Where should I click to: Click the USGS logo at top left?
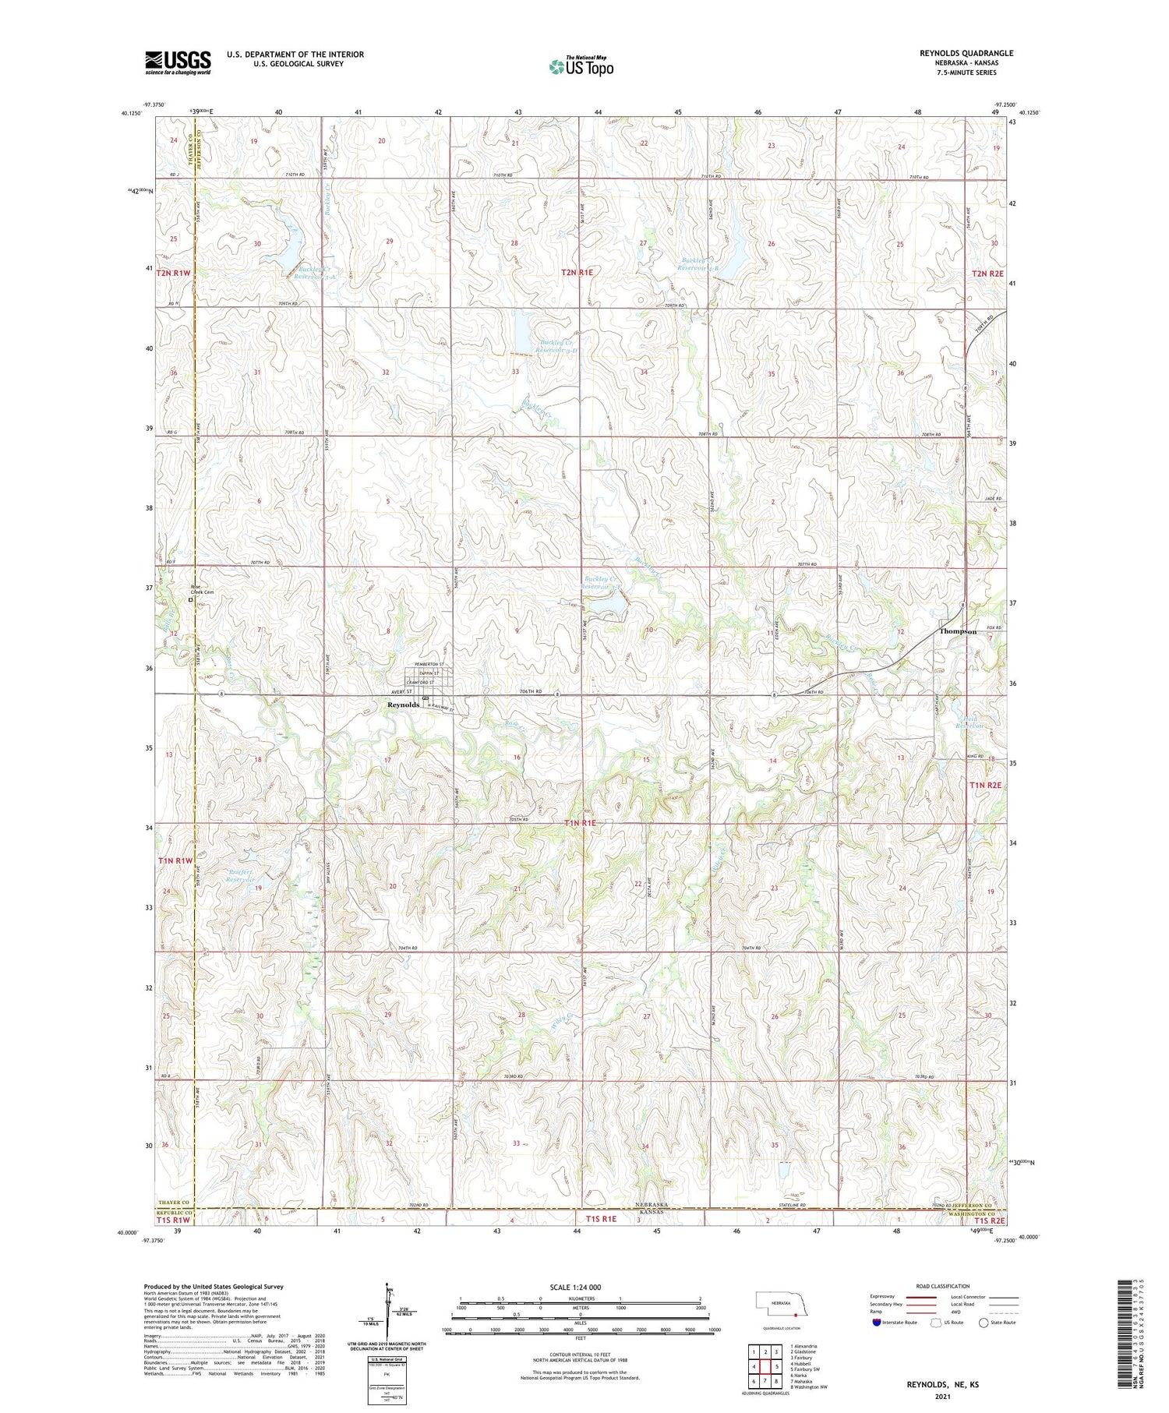[178, 62]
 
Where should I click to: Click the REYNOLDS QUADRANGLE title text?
[966, 53]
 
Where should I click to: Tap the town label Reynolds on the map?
[404, 705]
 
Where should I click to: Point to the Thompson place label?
[958, 631]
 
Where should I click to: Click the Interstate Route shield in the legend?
[877, 1323]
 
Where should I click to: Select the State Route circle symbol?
[984, 1323]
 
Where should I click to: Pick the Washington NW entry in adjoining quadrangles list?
[809, 1387]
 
